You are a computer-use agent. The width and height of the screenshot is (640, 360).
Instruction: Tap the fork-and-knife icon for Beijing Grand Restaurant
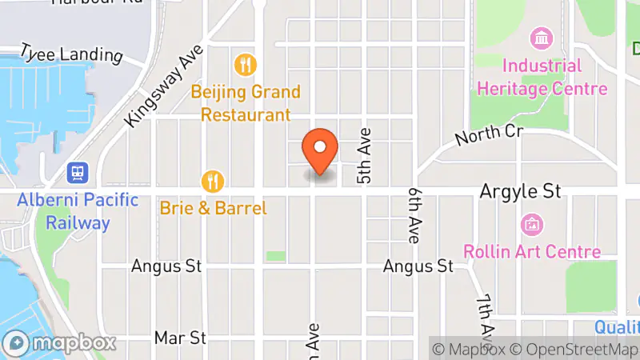[x=245, y=63]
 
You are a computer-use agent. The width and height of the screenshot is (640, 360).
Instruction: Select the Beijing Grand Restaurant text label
[x=246, y=103]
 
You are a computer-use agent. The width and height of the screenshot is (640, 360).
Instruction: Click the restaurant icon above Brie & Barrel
[x=212, y=181]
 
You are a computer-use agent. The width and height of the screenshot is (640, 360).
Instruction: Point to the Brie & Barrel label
[x=213, y=209]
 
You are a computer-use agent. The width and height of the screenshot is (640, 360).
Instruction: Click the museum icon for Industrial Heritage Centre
[x=542, y=38]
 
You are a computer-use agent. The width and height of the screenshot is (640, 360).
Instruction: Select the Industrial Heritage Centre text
[x=542, y=77]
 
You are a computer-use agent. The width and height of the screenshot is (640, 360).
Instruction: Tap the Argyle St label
[x=520, y=191]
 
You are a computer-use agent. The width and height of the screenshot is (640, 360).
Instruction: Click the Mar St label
[x=181, y=338]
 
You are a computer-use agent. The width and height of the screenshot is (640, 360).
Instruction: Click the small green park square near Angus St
[x=275, y=256]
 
